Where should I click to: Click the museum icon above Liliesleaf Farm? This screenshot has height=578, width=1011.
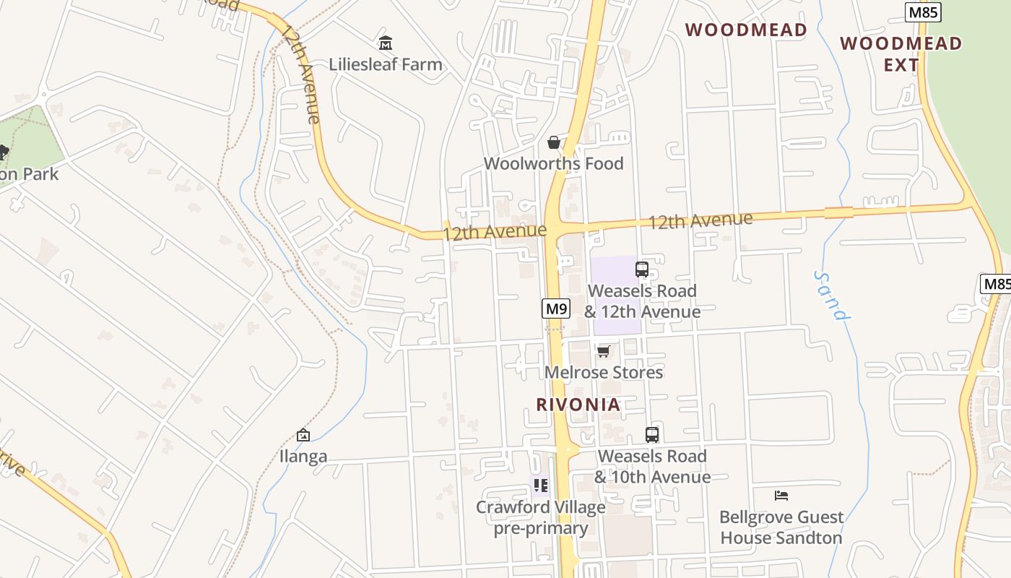coord(386,43)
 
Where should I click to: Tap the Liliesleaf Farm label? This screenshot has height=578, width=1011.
coord(386,64)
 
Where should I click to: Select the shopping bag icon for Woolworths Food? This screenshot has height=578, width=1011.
coord(554,142)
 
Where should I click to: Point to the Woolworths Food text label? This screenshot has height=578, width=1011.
coord(554,163)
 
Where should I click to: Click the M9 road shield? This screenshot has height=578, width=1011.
coord(556,309)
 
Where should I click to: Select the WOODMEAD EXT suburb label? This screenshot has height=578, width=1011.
coord(901,54)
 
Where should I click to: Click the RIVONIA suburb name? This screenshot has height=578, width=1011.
coord(578,405)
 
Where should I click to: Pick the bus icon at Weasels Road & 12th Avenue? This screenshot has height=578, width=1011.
coord(642,269)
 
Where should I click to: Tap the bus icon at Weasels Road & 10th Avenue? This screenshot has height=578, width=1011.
coord(652,435)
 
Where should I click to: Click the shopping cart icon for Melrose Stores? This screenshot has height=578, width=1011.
coord(604,351)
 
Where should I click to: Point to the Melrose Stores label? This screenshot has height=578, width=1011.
coord(604,372)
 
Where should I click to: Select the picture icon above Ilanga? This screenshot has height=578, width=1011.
coord(303,435)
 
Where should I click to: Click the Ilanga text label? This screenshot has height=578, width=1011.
coord(303,456)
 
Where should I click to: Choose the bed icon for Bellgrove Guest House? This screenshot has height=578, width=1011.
coord(781,496)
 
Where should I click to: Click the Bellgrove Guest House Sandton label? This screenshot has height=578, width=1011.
coord(781,527)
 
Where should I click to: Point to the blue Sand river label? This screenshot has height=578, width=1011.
coord(830,296)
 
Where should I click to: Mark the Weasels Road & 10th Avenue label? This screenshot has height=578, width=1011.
coord(652,467)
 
